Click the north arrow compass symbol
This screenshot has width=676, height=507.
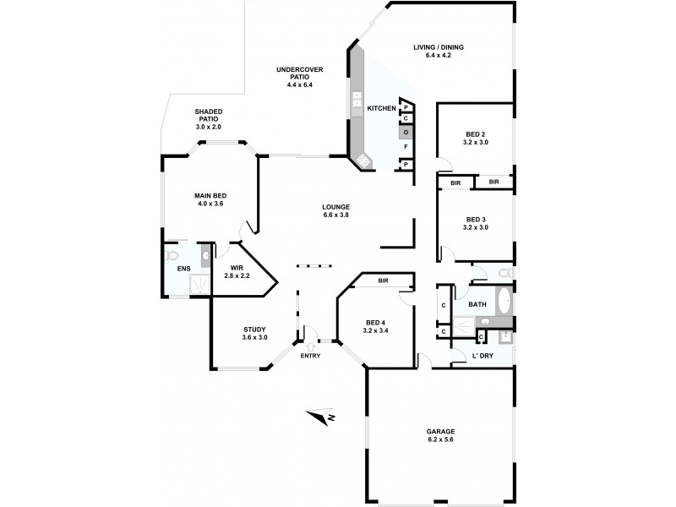[x=321, y=416]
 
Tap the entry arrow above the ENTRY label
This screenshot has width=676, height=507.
[x=310, y=345]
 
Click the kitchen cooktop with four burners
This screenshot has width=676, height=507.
[x=364, y=159]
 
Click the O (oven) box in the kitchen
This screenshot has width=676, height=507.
[x=406, y=133]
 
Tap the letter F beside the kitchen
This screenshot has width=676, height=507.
[x=406, y=147]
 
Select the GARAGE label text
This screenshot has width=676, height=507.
[x=439, y=432]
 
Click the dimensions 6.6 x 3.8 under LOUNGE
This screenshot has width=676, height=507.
[x=335, y=215]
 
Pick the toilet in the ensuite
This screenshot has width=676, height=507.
[x=172, y=253]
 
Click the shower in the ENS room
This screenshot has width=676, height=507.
[x=199, y=286]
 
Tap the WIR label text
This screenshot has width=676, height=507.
[x=237, y=267]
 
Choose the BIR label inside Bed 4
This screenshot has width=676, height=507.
[x=383, y=280]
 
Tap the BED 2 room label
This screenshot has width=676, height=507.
[x=477, y=134]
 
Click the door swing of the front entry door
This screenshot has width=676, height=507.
[x=311, y=332]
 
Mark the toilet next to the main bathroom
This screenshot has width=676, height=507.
[x=504, y=273]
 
